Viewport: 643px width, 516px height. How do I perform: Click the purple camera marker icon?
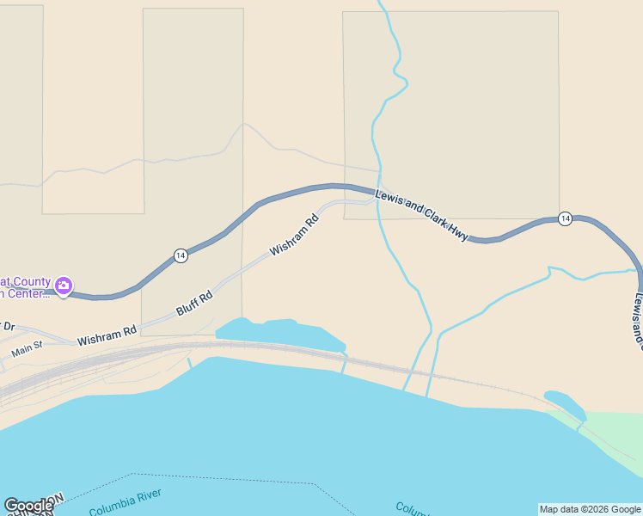point(63,285)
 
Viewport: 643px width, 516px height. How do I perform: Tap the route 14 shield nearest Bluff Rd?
point(180,255)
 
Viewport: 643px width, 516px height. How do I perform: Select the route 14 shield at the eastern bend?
point(565,218)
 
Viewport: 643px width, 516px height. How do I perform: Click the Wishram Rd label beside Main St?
point(107,335)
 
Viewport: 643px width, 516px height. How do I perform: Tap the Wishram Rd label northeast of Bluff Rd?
point(294,236)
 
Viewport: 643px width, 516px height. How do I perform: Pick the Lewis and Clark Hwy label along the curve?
point(421,215)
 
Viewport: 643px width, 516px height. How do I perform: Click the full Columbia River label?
point(125,502)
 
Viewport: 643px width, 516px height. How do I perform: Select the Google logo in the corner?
point(28,506)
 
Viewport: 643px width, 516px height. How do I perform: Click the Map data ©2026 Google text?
point(590,509)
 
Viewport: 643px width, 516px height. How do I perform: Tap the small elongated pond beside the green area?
point(564,402)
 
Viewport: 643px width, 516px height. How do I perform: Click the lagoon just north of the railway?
point(279,333)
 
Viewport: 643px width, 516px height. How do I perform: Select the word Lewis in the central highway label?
point(389,200)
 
